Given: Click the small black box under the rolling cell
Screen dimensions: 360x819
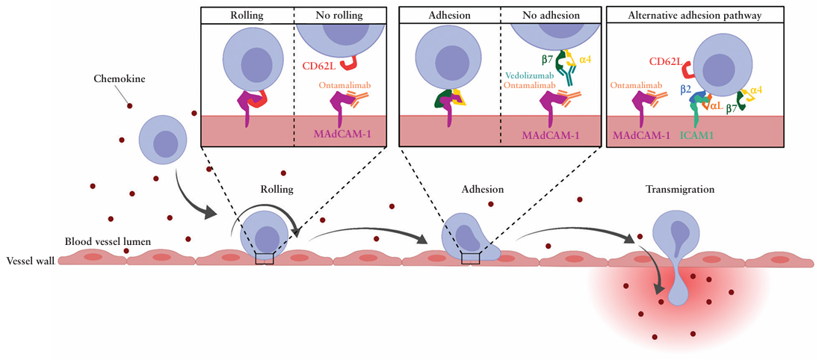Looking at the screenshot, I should pyautogui.click(x=264, y=258).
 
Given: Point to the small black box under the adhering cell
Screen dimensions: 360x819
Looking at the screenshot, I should pyautogui.click(x=470, y=258).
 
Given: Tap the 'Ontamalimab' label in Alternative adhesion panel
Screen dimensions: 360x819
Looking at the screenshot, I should pyautogui.click(x=635, y=86).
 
